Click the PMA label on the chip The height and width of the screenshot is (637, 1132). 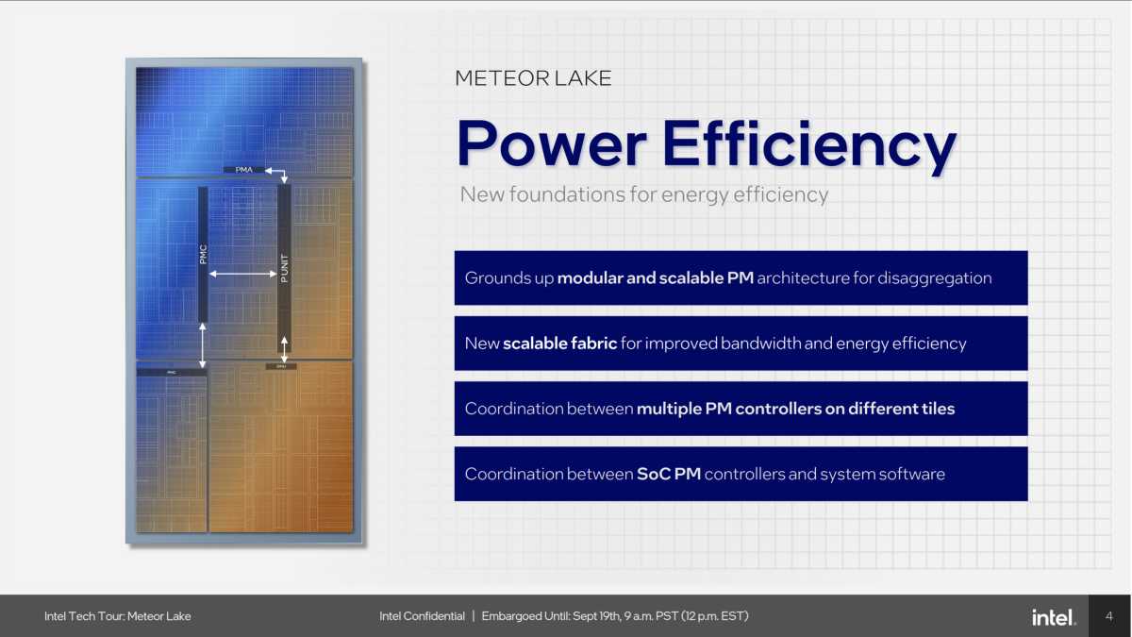243,170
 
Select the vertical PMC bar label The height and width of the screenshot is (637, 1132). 203,255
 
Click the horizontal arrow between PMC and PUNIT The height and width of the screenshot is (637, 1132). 242,275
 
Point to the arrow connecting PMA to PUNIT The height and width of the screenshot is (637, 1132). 278,173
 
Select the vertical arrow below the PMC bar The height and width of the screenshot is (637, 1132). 203,345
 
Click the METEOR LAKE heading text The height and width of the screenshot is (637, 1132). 533,78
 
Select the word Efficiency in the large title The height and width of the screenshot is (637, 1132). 808,144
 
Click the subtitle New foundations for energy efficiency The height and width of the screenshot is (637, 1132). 643,195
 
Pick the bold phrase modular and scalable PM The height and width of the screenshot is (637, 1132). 655,278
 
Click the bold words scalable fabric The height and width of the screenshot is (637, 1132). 559,344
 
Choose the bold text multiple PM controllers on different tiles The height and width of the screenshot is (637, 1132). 795,409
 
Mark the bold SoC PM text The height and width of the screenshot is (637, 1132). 668,474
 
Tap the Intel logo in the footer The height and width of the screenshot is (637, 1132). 1053,617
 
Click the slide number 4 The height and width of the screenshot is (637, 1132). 1108,616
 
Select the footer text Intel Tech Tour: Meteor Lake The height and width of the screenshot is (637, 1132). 117,616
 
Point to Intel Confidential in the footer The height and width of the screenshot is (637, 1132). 422,616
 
